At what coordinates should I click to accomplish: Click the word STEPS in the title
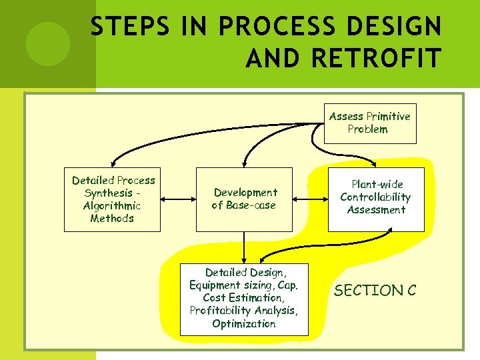(123, 27)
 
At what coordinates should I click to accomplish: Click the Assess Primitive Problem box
(370, 123)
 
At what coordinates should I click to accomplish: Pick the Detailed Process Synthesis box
(112, 199)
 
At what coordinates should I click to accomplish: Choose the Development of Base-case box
(244, 199)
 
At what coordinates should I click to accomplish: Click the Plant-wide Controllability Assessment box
(376, 199)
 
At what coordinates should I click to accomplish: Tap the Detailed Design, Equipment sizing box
(244, 299)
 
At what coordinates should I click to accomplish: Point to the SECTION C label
(375, 291)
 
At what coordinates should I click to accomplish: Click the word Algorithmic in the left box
(112, 205)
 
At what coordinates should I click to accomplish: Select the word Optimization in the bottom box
(244, 324)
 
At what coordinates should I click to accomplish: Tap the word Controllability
(375, 197)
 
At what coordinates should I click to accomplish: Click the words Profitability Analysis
(244, 311)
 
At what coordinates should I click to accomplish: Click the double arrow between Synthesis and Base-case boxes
(179, 199)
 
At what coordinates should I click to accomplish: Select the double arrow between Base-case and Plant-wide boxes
(311, 199)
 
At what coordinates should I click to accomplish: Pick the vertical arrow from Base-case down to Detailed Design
(244, 247)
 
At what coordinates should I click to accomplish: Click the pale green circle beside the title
(47, 44)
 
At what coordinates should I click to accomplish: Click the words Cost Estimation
(244, 298)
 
